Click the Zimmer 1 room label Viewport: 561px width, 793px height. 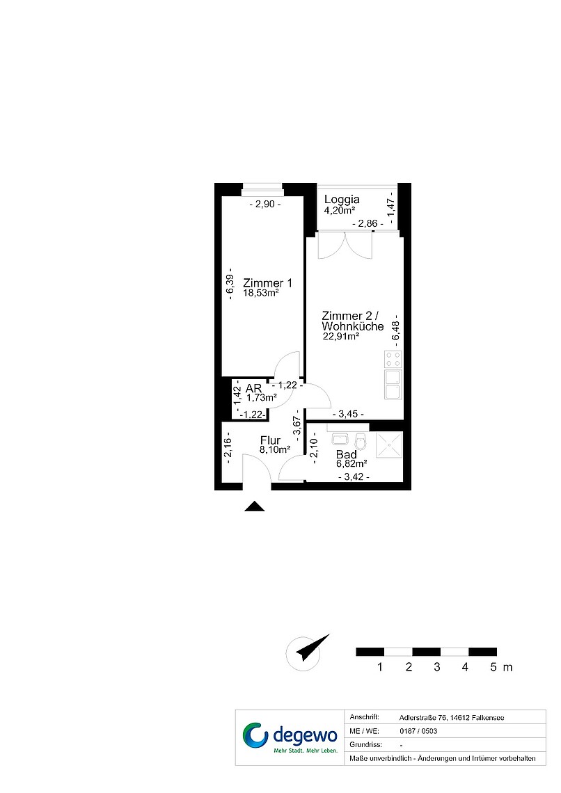(x=267, y=283)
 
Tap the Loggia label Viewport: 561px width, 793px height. (x=342, y=199)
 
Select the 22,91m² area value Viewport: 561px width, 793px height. (x=341, y=336)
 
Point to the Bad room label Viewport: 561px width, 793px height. (x=347, y=455)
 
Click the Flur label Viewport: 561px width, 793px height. (x=270, y=440)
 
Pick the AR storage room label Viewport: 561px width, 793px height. (x=254, y=388)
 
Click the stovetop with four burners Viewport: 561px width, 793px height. (x=393, y=359)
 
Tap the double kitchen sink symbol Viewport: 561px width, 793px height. (x=393, y=385)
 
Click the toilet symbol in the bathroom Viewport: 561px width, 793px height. (x=361, y=441)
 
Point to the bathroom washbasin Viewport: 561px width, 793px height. (x=339, y=438)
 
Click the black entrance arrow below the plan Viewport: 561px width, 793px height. (x=255, y=506)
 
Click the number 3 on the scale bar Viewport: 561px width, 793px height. (x=437, y=667)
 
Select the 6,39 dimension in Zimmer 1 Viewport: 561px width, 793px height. (x=230, y=285)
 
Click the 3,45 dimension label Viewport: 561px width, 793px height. (x=348, y=414)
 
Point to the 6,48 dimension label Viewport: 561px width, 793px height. (x=396, y=330)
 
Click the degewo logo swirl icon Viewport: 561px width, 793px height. (x=255, y=735)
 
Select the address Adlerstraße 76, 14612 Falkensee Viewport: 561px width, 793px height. (x=452, y=718)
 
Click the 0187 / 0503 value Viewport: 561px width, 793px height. (x=418, y=731)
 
